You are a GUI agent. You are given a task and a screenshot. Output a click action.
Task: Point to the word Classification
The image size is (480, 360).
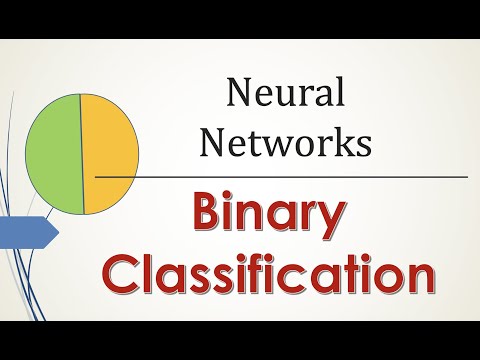tap(271, 274)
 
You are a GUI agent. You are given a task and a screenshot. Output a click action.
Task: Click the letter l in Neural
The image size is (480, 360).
tap(340, 93)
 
